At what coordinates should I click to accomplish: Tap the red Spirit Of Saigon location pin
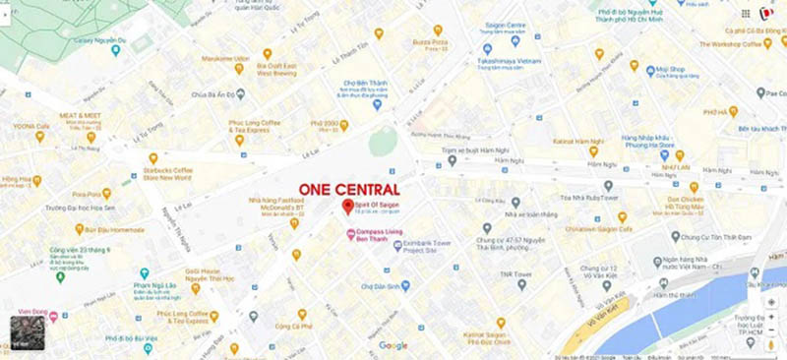346,207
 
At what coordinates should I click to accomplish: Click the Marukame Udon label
225,58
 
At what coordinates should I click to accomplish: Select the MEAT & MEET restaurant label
81,115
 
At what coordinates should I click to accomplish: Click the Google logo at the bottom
393,345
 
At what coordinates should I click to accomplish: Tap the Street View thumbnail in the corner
24,332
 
